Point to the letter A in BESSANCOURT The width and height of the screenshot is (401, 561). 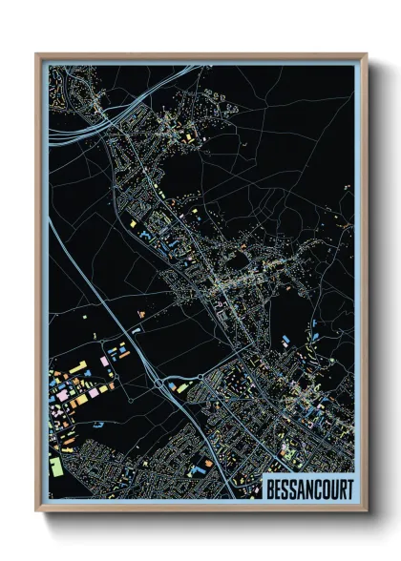click(302, 488)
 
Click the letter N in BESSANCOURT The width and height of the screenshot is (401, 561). click(310, 488)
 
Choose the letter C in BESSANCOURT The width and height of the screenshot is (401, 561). click(319, 488)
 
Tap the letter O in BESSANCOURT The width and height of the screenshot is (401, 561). click(327, 488)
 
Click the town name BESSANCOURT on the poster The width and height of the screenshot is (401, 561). click(310, 488)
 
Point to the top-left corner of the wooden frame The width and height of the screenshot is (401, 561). click(36, 54)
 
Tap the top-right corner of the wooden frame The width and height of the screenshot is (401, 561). click(366, 54)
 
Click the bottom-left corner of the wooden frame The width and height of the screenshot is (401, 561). click(36, 509)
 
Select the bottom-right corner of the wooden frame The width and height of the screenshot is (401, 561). click(366, 509)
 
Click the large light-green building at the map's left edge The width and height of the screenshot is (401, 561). click(55, 467)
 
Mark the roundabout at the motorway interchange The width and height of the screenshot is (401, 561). click(158, 384)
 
